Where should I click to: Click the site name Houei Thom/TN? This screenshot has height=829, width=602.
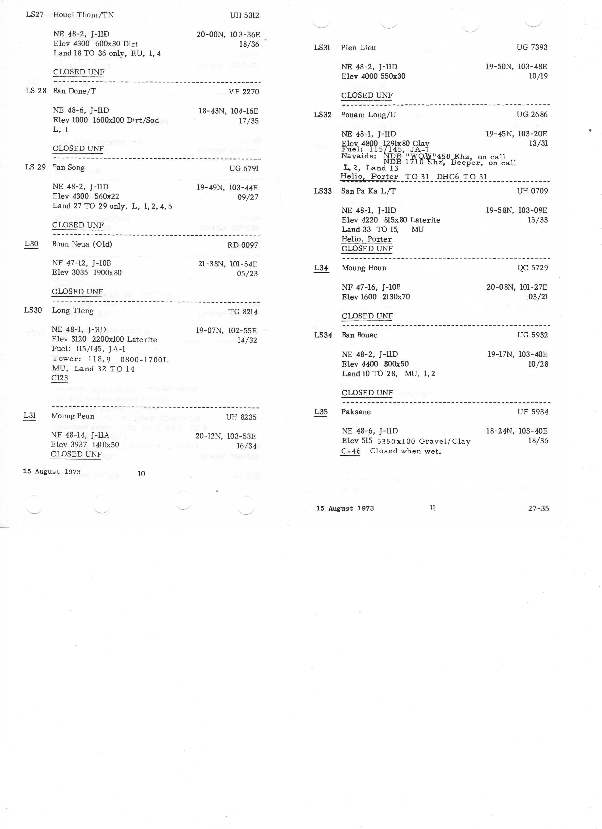pos(83,15)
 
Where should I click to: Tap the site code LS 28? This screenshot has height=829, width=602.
pos(36,91)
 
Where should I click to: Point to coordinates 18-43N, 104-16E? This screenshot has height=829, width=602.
pos(228,111)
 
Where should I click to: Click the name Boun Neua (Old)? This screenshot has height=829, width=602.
pos(82,244)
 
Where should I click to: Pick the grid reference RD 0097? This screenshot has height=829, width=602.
pos(242,245)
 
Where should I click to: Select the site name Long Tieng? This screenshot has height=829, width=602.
pos(73,311)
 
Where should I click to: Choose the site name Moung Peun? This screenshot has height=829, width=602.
pos(73,416)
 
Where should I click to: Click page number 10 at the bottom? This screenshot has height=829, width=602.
pos(141,474)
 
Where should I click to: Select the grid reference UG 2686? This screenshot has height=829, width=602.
pos(532,114)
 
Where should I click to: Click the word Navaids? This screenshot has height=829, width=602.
pos(358,156)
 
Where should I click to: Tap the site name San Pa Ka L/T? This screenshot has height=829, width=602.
pos(368,191)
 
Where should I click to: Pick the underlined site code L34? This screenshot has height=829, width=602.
pos(321,268)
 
